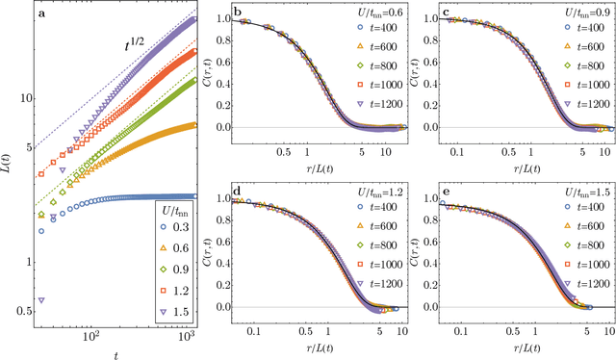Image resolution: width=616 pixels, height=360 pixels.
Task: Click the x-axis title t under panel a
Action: [x=112, y=351]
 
